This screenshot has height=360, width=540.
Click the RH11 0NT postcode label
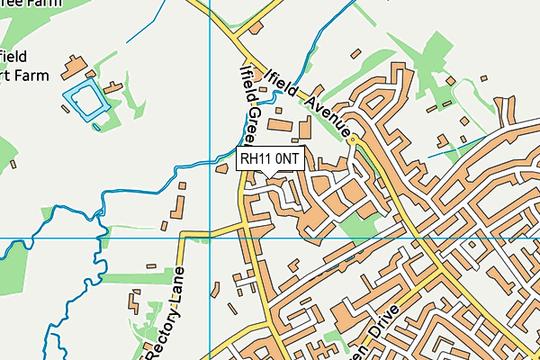[270, 158]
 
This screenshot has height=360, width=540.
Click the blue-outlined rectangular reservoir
[85, 100]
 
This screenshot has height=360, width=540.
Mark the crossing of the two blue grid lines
[210, 238]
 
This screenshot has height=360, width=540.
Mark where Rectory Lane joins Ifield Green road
[246, 225]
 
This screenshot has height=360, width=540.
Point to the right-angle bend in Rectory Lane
[184, 236]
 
